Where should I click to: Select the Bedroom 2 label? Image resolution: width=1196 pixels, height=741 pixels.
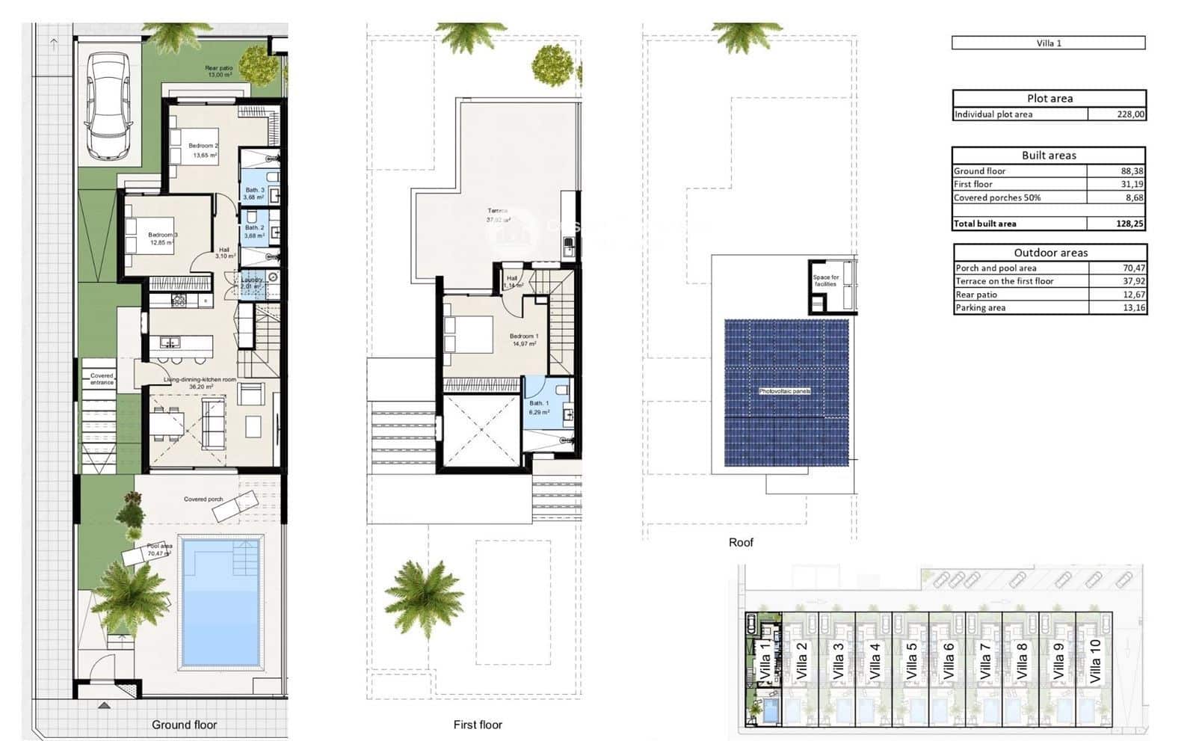pos(203,147)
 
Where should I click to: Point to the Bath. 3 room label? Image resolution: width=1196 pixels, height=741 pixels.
pos(254,190)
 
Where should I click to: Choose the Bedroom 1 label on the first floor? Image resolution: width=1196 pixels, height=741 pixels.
pos(523,336)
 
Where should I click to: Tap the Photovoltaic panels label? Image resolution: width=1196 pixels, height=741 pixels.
pos(785,391)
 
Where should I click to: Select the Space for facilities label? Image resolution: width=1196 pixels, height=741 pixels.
pos(826,280)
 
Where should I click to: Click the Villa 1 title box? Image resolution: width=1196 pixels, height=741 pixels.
pos(1048,43)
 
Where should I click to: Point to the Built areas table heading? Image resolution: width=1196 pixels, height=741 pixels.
pos(1049,156)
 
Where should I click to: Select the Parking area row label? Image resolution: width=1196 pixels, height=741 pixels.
pos(980,308)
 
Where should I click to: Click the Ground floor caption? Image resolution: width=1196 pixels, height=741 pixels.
pos(184,725)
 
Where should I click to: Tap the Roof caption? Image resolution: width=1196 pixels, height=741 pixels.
pos(741,543)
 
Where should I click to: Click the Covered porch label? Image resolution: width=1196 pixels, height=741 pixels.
pos(203,499)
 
